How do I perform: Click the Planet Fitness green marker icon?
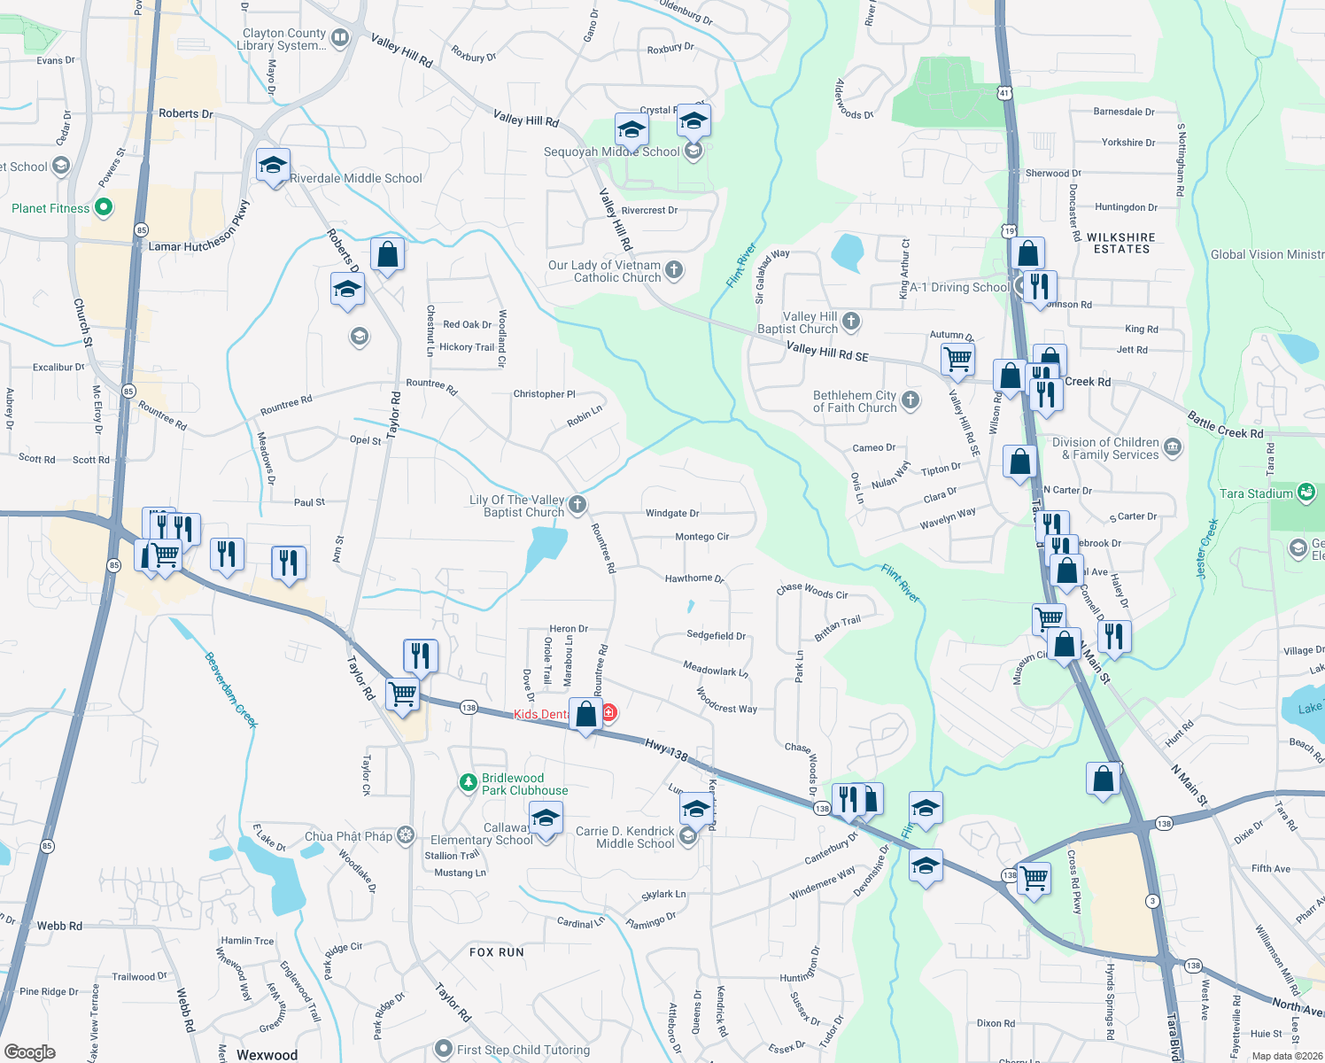104,207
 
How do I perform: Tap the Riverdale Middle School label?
356,178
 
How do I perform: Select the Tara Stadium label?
1256,493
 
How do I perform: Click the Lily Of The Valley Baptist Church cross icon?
577,505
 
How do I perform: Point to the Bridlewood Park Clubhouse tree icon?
468,783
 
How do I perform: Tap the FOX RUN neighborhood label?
497,952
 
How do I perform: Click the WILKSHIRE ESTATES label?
1120,244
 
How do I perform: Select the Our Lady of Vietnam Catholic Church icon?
674,270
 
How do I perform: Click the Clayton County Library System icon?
340,37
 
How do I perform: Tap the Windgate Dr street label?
672,513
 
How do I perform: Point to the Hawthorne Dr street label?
694,578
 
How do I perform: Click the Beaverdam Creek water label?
231,690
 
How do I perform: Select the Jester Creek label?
1207,549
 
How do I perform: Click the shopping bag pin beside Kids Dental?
586,714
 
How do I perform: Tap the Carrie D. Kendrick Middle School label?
625,837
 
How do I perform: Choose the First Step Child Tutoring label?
523,1050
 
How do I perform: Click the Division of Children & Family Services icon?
1173,447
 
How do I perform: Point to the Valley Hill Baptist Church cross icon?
851,322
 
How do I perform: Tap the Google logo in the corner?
29,1052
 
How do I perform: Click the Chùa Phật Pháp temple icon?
406,835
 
